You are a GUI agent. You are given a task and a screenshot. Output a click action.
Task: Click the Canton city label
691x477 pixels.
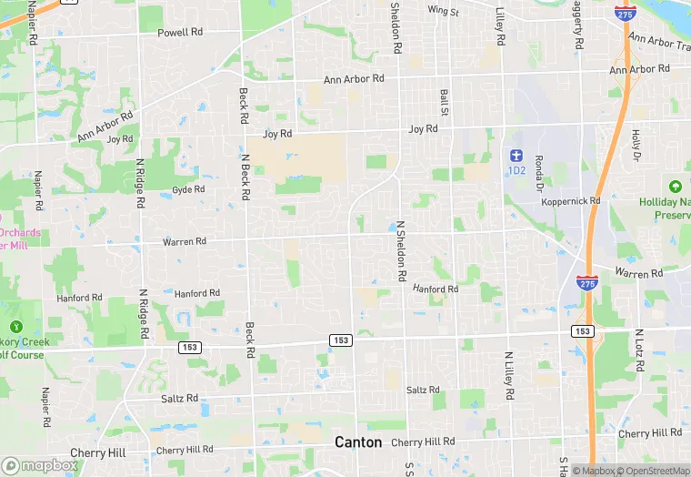358,441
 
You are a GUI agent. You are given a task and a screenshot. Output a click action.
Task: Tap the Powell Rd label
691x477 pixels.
180,33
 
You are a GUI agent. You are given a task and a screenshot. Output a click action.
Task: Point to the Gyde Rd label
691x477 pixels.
189,190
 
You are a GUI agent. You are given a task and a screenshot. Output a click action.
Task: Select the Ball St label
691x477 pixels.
445,102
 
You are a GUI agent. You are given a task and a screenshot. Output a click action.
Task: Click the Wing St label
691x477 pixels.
444,11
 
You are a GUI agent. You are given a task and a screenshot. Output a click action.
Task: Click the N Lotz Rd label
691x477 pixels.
640,351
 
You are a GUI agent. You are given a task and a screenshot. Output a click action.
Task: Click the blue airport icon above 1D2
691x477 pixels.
517,155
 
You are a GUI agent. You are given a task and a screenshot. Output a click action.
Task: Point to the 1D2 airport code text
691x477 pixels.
517,170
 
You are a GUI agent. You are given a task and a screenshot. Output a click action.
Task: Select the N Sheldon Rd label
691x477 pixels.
399,248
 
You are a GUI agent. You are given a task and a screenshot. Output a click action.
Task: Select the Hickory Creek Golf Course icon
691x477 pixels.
15,326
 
